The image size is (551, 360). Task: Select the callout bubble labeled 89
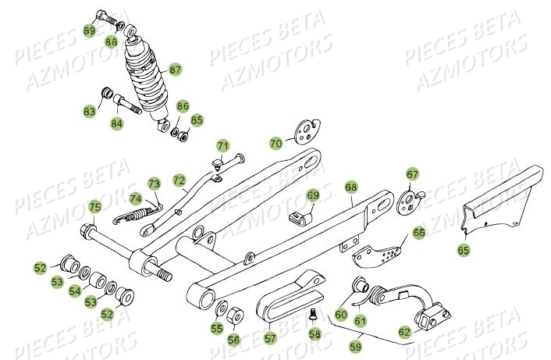(90, 30)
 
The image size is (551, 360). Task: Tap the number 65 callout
(464, 251)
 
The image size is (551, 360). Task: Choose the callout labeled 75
(94, 207)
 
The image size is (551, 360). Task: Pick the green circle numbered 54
(74, 290)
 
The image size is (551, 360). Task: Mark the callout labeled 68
(350, 187)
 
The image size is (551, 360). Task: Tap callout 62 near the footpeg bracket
(403, 332)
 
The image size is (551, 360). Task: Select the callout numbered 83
(90, 112)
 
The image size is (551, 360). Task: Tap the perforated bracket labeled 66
(379, 248)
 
